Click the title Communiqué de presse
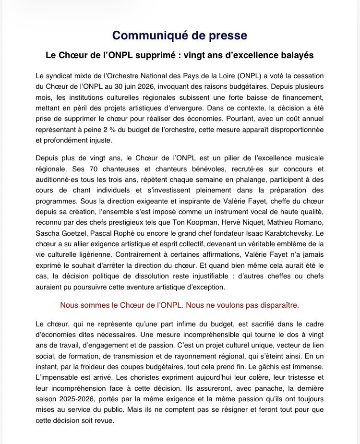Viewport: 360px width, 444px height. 180,35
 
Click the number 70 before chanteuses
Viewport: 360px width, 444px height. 87,169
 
